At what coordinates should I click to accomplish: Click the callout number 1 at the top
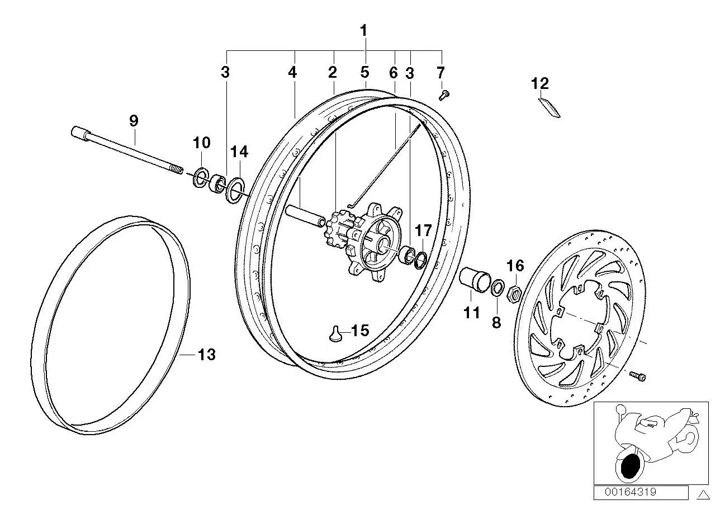pos(363,31)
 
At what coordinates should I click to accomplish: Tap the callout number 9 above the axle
pos(134,121)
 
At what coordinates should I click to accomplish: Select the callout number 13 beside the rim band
pos(206,355)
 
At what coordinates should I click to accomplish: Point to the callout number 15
pos(360,331)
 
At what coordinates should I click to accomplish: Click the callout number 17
pos(423,230)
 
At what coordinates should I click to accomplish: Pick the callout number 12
pos(539,83)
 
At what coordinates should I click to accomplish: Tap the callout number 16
pos(515,266)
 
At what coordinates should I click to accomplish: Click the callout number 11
pos(472,313)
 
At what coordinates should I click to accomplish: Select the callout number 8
pos(496,322)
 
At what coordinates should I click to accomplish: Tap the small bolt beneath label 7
pos(444,96)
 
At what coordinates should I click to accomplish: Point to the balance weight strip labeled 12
pos(550,107)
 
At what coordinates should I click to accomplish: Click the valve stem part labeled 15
pos(335,334)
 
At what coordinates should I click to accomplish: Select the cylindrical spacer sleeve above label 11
pos(475,280)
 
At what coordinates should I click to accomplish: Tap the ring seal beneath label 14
pos(235,190)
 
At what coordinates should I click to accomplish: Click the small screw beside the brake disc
pos(637,376)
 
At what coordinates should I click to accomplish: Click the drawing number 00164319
pos(631,492)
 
